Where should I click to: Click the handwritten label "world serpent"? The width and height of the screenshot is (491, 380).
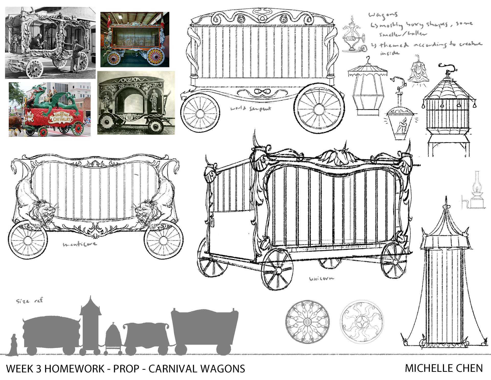coord(251,109)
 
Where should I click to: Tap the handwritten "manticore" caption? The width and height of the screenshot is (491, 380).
coord(80,244)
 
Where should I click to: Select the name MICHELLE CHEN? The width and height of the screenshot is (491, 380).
coord(444,368)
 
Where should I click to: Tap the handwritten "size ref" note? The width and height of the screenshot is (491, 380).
coord(29,300)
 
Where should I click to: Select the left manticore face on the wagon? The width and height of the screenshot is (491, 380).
coord(46,210)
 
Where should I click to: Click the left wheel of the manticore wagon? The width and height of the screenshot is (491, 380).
coord(28,240)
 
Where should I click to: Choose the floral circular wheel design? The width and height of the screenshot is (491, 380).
coord(307,321)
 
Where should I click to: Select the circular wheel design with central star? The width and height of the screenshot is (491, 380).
coord(362,321)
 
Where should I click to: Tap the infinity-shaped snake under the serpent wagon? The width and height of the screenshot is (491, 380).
coord(262,91)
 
